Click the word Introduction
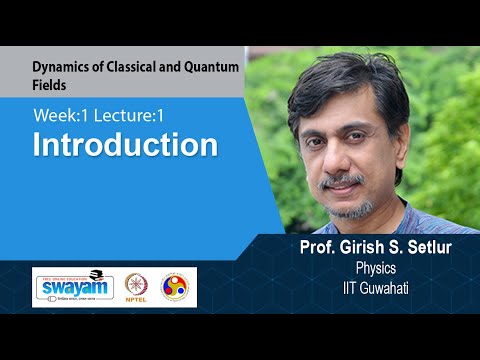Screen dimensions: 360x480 click(125, 145)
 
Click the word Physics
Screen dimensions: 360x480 click(377, 269)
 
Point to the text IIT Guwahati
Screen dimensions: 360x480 click(376, 286)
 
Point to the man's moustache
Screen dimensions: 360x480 click(343, 180)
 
